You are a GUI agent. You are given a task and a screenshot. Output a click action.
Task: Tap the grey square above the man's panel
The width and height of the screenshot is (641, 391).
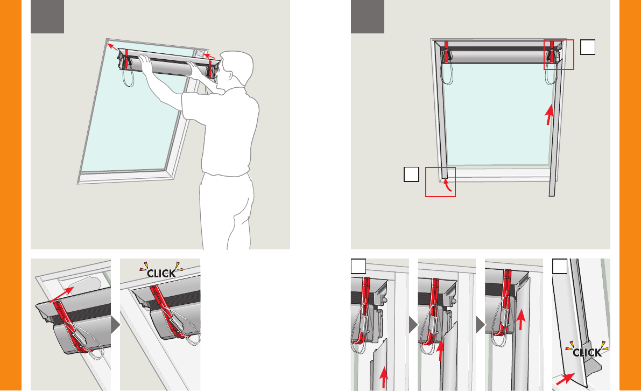tap(47, 16)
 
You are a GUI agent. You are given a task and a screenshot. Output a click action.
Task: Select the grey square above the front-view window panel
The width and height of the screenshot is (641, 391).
tap(368, 16)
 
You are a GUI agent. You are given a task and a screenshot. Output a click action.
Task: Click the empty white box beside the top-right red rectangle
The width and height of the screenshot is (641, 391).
tap(587, 47)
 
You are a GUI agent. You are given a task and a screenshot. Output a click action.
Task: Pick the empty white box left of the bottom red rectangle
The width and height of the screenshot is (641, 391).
tap(411, 174)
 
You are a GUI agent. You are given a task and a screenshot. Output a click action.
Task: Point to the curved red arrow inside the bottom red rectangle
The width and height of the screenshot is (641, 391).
tap(448, 184)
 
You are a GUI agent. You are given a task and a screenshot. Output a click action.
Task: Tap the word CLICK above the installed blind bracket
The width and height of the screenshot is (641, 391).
tap(161, 273)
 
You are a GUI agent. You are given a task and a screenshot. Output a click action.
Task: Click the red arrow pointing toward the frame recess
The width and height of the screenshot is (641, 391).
tap(62, 295)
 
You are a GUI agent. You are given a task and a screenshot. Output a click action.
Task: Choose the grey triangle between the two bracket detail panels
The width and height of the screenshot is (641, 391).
tap(116, 325)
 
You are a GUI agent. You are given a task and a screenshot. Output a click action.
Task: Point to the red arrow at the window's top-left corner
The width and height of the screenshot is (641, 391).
tap(112, 46)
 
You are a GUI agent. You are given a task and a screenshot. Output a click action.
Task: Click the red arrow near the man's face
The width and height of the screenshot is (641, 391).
tap(209, 55)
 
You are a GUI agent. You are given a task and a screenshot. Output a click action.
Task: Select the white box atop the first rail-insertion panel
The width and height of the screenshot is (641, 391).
tap(358, 266)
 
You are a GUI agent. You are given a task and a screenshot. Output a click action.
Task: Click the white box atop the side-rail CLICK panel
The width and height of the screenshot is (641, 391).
tap(560, 266)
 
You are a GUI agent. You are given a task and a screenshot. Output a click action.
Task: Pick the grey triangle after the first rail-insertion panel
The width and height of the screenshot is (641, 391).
tap(413, 325)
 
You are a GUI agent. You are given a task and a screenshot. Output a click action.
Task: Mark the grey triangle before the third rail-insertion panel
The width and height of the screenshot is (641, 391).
tap(480, 325)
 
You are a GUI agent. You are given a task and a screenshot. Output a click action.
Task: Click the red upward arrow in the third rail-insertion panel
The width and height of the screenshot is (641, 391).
tap(520, 320)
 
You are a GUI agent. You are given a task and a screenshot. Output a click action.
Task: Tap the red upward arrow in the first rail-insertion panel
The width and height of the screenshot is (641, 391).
tap(383, 377)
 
